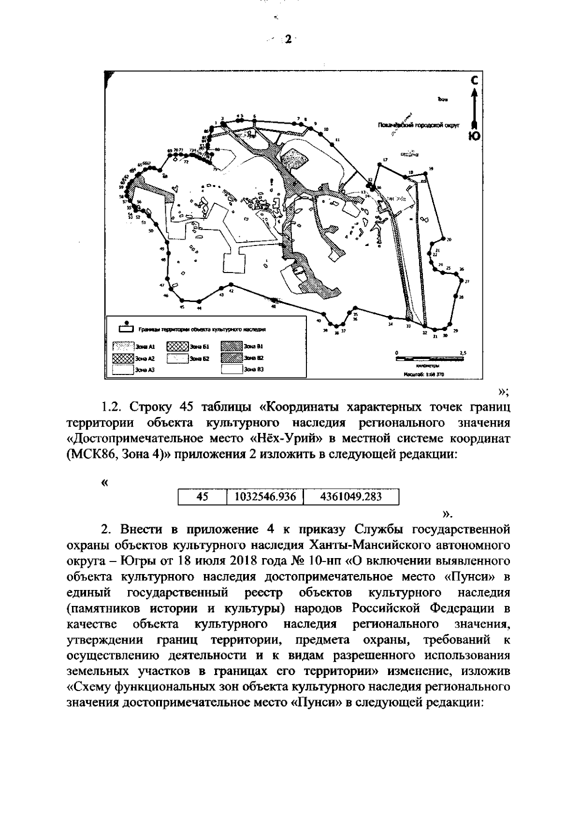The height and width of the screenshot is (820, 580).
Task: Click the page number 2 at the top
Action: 289,39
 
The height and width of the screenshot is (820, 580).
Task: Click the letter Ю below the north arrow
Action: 475,136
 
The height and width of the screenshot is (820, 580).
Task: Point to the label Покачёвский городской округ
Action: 419,125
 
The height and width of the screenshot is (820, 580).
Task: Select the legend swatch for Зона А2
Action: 123,358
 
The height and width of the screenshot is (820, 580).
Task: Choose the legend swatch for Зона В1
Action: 232,346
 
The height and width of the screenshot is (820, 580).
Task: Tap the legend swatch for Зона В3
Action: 232,370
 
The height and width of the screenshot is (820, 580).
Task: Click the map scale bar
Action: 429,358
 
